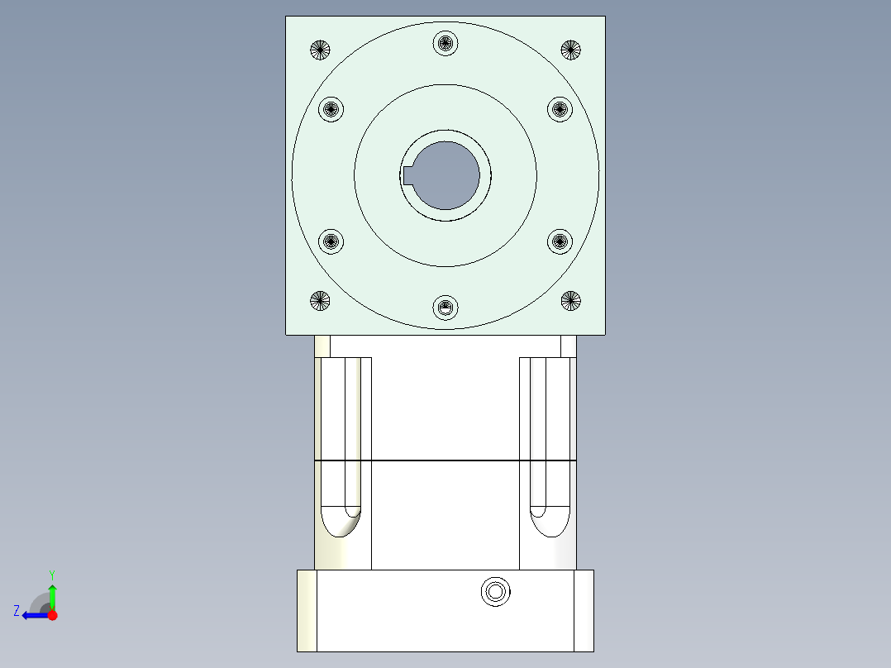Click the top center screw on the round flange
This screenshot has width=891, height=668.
(x=445, y=42)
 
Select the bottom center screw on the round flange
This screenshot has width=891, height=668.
(x=445, y=308)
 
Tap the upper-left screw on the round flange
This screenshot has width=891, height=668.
(x=331, y=108)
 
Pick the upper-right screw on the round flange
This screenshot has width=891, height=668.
(x=560, y=108)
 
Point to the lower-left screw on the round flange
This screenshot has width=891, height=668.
(x=331, y=241)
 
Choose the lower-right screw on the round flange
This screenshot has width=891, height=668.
(x=560, y=241)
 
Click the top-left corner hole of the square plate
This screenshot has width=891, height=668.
(x=320, y=50)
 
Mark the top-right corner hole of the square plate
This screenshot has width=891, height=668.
(x=570, y=50)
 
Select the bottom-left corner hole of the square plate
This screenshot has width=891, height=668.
(x=320, y=301)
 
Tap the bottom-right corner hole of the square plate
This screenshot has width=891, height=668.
(x=570, y=301)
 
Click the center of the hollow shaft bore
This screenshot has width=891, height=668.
(x=446, y=175)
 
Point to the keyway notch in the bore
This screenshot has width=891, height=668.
(x=408, y=175)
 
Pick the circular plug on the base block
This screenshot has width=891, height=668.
(x=495, y=592)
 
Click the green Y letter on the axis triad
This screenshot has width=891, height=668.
(x=51, y=574)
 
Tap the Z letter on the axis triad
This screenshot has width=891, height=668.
(x=17, y=611)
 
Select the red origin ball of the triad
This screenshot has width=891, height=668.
(x=52, y=615)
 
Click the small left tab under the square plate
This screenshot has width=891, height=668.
(x=322, y=346)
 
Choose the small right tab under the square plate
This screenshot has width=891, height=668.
(x=568, y=346)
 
